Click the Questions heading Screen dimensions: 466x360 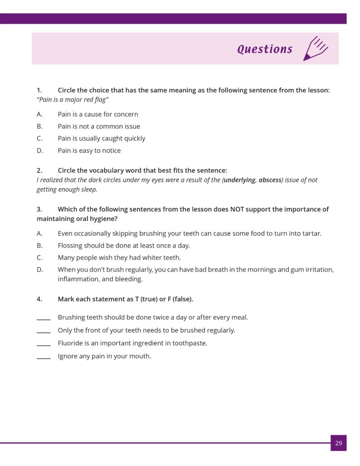[x=265, y=49]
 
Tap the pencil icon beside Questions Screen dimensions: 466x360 [x=315, y=48]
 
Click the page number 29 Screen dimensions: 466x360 [x=338, y=443]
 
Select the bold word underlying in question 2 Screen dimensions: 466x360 [x=240, y=180]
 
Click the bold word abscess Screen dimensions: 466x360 [x=270, y=180]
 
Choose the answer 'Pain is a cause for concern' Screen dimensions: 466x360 [x=97, y=114]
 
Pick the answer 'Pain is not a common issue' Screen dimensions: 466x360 [x=98, y=126]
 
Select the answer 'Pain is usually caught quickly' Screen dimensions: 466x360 [x=101, y=138]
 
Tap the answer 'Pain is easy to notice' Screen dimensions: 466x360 [x=89, y=150]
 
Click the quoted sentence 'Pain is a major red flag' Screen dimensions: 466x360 [x=73, y=99]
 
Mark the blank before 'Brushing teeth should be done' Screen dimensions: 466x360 [x=44, y=318]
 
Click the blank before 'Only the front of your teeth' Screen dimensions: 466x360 [x=44, y=331]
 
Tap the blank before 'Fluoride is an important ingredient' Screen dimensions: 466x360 [x=44, y=344]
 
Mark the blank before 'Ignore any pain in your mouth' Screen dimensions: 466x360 [x=44, y=357]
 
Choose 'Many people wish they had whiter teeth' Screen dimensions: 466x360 [x=119, y=257]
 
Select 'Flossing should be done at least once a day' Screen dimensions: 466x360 [x=124, y=245]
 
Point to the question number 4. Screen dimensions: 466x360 [x=39, y=299]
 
